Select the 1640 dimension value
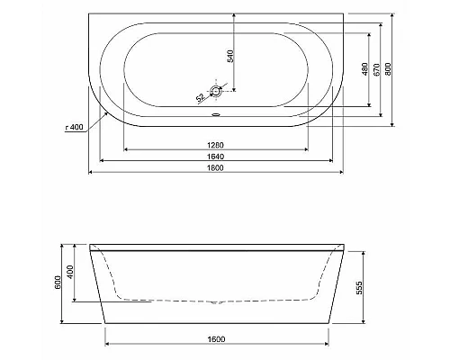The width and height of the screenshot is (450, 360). [x=214, y=156]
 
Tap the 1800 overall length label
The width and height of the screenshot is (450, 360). [x=214, y=168]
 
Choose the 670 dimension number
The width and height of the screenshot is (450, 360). [x=377, y=70]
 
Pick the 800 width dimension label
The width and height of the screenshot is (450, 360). [x=388, y=70]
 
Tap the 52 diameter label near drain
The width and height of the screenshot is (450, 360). [x=200, y=97]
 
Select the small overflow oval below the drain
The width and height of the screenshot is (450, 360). [x=215, y=113]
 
